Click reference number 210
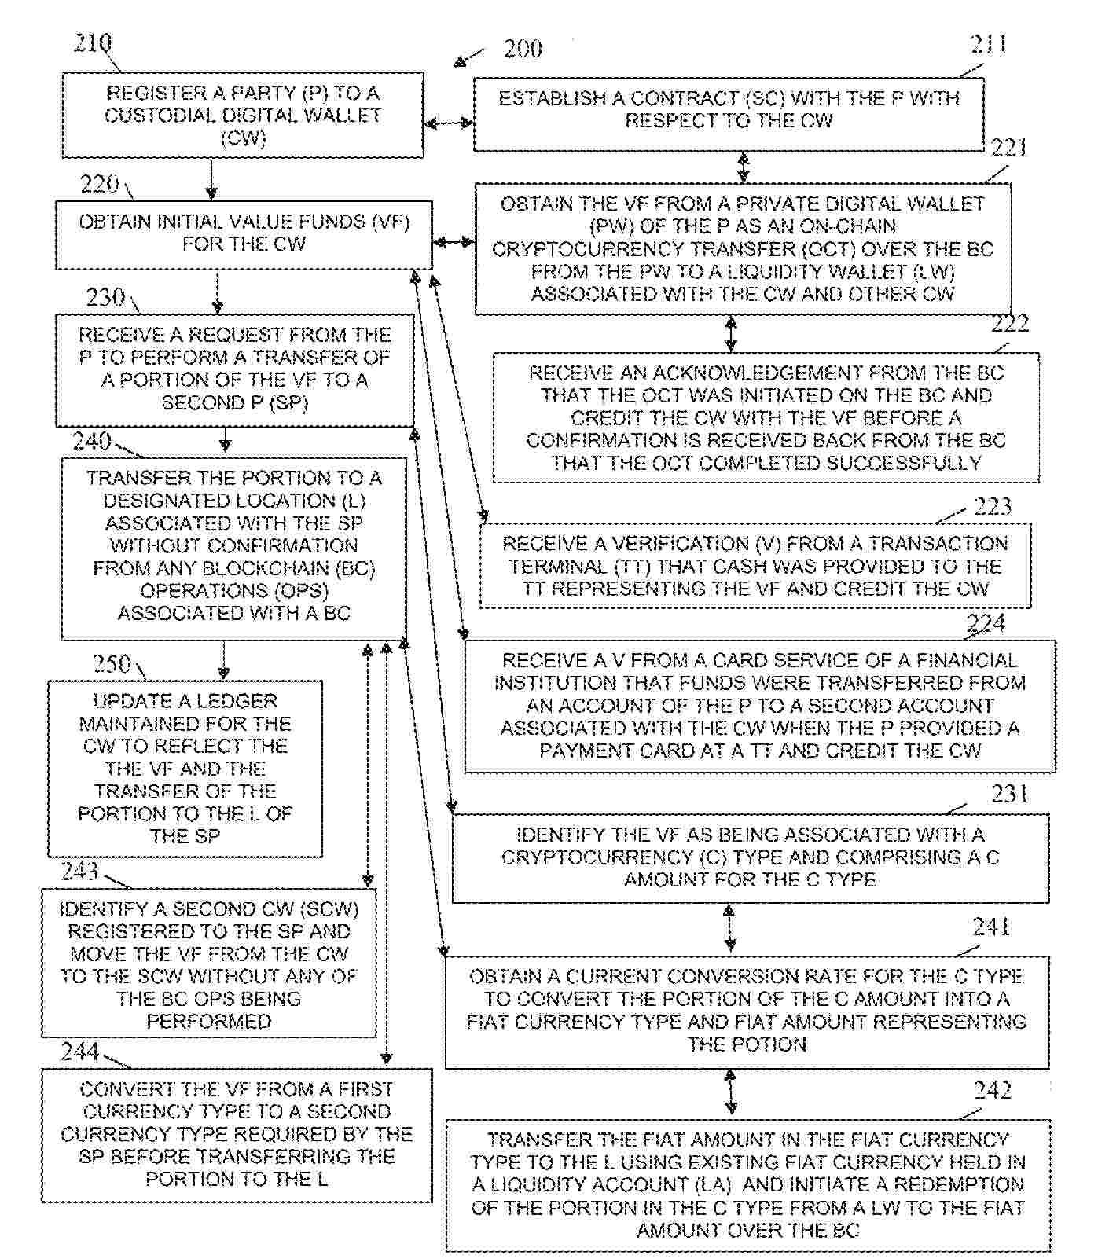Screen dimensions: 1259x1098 pyautogui.click(x=92, y=42)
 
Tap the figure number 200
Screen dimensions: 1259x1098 pyautogui.click(x=523, y=49)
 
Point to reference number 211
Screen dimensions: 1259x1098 pyautogui.click(x=989, y=44)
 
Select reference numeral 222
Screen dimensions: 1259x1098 pyautogui.click(x=1010, y=323)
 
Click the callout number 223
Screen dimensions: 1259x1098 pyautogui.click(x=992, y=505)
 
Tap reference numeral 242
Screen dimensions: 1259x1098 pyautogui.click(x=992, y=1090)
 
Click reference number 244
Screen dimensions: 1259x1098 pyautogui.click(x=80, y=1051)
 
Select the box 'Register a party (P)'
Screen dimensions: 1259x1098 pyautogui.click(x=243, y=116)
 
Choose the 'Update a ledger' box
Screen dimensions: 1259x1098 pyautogui.click(x=185, y=768)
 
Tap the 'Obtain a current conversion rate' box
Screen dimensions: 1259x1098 pyautogui.click(x=747, y=1011)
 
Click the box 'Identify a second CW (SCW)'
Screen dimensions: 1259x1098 pyautogui.click(x=209, y=964)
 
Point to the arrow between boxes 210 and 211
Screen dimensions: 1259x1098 pyautogui.click(x=449, y=123)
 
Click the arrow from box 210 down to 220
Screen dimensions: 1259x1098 pyautogui.click(x=211, y=179)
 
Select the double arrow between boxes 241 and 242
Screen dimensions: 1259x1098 pyautogui.click(x=731, y=1091)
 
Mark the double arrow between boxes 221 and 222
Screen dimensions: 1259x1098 pyautogui.click(x=731, y=333)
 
